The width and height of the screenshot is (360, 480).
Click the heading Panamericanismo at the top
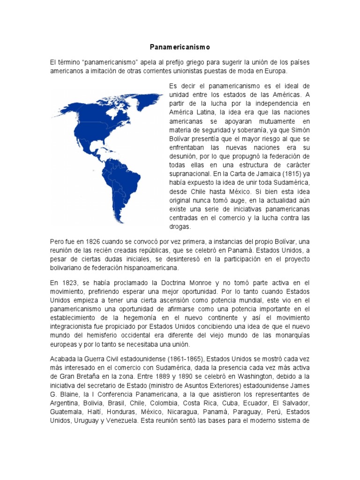tap(180, 47)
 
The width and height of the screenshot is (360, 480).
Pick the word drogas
tap(179, 227)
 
